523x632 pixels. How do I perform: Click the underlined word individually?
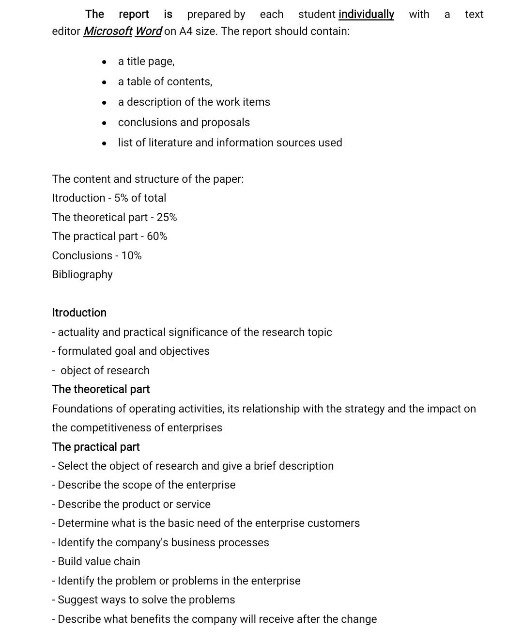[366, 15]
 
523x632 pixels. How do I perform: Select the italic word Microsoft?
[108, 32]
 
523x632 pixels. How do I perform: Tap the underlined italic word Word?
[148, 32]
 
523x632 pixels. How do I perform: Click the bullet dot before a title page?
[104, 62]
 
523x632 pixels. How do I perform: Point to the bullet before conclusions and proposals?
[104, 123]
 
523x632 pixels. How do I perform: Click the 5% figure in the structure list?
[121, 198]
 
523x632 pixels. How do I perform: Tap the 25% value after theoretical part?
[167, 218]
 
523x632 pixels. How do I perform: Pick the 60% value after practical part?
[157, 237]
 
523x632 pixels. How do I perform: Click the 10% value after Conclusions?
[131, 256]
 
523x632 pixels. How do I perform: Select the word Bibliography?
[82, 275]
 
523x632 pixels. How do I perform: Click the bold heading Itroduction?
[79, 313]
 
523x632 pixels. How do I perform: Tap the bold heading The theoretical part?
[101, 390]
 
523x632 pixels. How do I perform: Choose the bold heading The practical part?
[96, 447]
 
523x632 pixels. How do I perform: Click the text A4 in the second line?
[186, 32]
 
